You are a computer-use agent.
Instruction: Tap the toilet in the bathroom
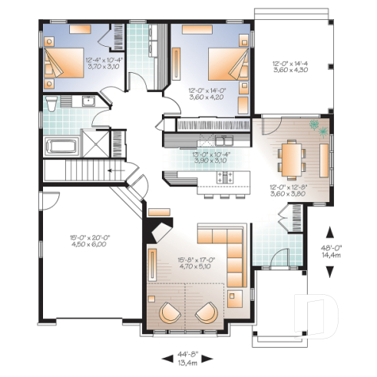coord(51,103)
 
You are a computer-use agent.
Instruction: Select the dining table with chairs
coord(293,157)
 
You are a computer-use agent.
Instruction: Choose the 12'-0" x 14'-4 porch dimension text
coord(289,67)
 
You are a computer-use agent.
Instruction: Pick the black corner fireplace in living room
coord(160,230)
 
